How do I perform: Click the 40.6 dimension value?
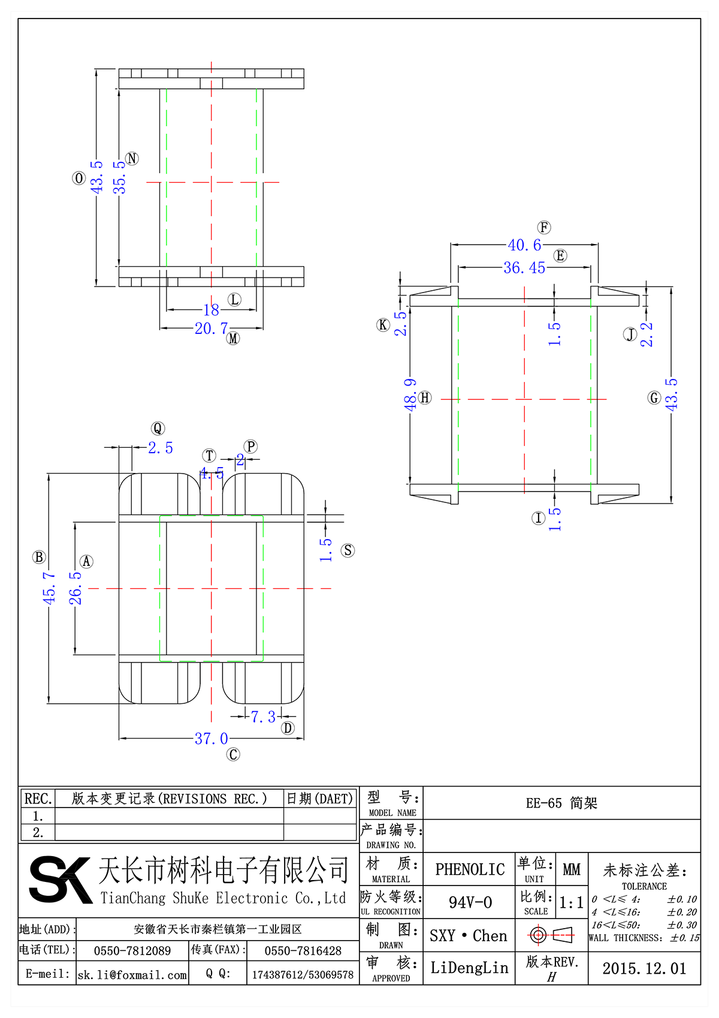[524, 245]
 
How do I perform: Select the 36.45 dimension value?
[524, 268]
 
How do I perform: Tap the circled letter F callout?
[544, 227]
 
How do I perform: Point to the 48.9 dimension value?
[410, 394]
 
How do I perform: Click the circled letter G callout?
[654, 397]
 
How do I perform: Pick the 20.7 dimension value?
[211, 329]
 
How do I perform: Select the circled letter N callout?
[132, 159]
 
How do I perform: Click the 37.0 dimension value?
[211, 739]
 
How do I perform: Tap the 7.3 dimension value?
[263, 717]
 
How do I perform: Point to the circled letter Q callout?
[158, 428]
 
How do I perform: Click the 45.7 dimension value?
[49, 588]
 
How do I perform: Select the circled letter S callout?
[348, 550]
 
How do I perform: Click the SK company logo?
[60, 880]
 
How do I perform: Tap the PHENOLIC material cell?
[470, 869]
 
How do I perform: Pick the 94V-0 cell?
[470, 902]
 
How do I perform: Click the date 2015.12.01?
[644, 969]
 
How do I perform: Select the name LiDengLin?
[469, 968]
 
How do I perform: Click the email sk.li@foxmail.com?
[132, 975]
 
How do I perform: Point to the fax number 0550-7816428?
[303, 951]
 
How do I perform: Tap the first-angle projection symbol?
[551, 935]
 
